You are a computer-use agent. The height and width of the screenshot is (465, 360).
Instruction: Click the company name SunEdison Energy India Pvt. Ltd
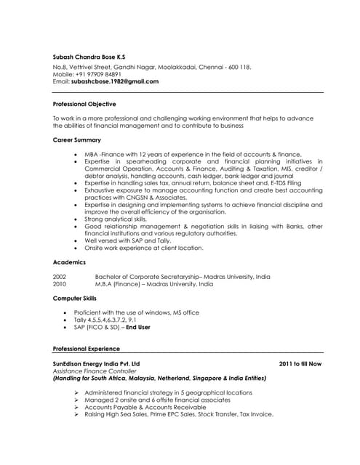point(96,363)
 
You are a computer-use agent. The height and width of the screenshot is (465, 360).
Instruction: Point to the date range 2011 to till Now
point(300,363)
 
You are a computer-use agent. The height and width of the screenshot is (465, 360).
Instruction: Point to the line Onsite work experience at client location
point(143,248)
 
